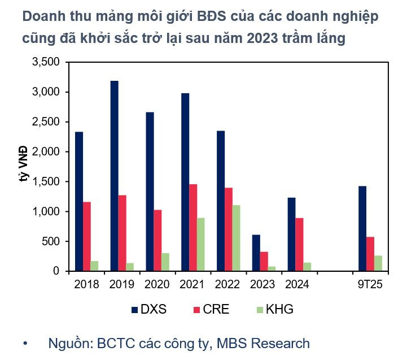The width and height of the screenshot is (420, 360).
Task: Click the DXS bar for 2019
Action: point(115,176)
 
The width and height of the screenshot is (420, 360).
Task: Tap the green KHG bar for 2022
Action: point(236,238)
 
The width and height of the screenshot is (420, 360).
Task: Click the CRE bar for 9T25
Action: point(370,254)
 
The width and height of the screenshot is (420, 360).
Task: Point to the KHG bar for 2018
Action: point(94,266)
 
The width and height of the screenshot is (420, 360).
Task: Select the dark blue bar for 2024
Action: point(291,234)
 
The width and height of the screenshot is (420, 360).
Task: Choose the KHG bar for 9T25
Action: point(378,263)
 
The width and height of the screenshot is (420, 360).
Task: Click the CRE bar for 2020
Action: point(158,240)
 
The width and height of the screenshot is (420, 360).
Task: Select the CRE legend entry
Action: point(212,309)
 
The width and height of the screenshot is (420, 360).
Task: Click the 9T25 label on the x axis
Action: point(370,284)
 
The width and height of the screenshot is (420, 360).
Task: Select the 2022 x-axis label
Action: point(228,284)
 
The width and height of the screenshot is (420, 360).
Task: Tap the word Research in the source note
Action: point(281,343)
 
